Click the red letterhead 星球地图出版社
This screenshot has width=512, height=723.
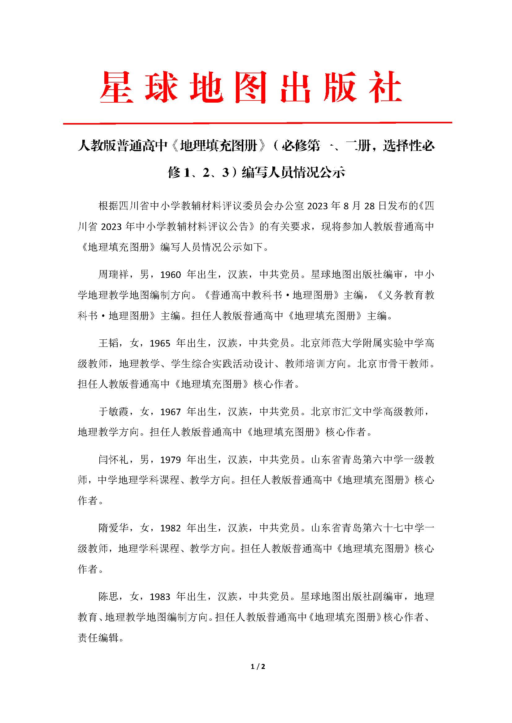251,87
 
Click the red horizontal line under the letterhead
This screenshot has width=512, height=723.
257,123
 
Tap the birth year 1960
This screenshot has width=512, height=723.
171,275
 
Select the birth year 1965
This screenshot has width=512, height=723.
160,343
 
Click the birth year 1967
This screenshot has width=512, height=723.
171,412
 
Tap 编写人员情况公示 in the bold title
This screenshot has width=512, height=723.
293,172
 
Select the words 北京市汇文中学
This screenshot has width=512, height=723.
347,411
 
